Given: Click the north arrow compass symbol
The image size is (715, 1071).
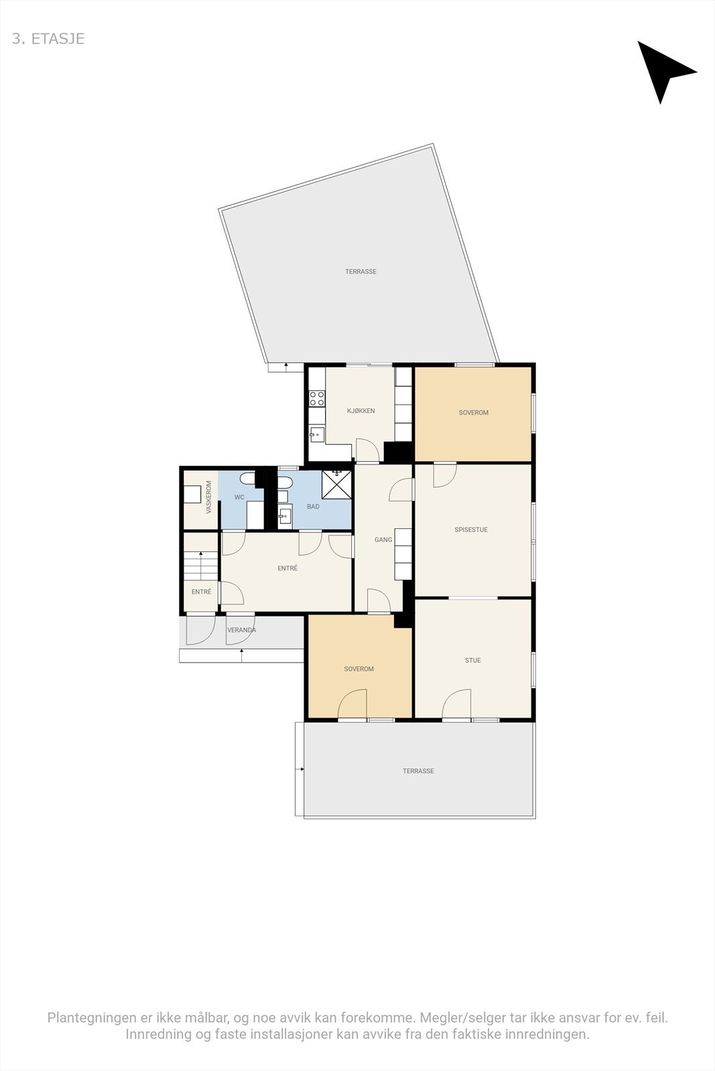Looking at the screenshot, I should pyautogui.click(x=663, y=70).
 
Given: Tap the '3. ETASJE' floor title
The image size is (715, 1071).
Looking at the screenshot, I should pyautogui.click(x=48, y=39).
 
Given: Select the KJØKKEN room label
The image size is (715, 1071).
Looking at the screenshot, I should pyautogui.click(x=361, y=411).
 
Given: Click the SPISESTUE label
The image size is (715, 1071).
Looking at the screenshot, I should pyautogui.click(x=471, y=529).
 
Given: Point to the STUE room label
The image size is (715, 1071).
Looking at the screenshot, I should pyautogui.click(x=472, y=660).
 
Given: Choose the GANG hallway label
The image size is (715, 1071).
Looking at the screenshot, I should pyautogui.click(x=383, y=540).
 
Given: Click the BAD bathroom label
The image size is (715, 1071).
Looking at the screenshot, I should pyautogui.click(x=313, y=507).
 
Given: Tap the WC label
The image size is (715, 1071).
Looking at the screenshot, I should pyautogui.click(x=239, y=497).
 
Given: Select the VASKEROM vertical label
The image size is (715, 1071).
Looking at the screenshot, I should pyautogui.click(x=209, y=497).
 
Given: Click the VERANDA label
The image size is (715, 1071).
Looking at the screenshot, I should pyautogui.click(x=241, y=630).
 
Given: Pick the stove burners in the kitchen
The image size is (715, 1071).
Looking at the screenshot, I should pyautogui.click(x=317, y=399).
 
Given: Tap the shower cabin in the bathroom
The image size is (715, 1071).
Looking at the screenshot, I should pyautogui.click(x=337, y=484).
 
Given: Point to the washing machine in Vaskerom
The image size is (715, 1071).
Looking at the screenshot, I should pyautogui.click(x=193, y=493).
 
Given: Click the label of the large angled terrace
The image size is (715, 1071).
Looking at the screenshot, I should pyautogui.click(x=361, y=272).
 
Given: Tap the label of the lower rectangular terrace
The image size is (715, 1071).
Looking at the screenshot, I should pyautogui.click(x=418, y=771).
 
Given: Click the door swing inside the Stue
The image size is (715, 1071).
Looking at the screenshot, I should pyautogui.click(x=457, y=703).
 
